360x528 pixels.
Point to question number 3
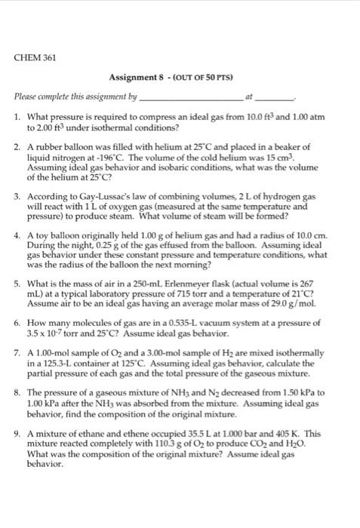(18, 196)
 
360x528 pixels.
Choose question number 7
(18, 353)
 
